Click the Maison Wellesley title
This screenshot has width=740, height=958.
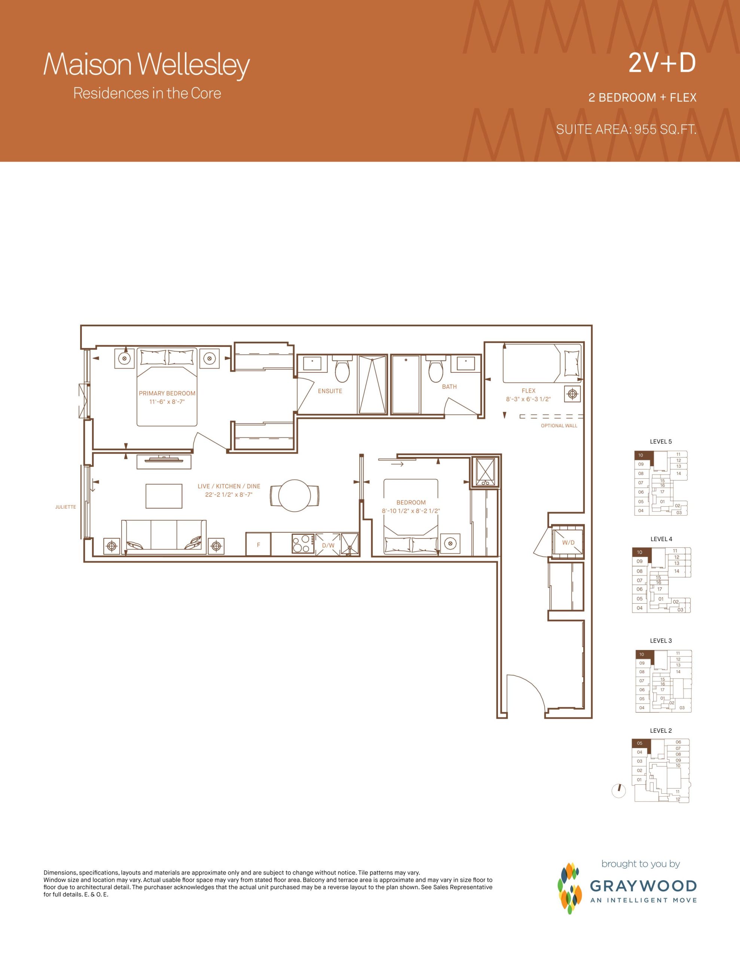147,65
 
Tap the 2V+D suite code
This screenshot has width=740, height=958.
662,63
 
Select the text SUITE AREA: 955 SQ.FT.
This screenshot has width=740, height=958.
626,129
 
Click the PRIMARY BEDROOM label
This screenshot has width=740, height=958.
167,393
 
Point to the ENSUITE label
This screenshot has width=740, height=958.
330,391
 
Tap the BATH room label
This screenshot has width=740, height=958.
449,387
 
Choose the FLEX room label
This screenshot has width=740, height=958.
529,390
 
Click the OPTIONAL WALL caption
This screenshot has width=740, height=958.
559,425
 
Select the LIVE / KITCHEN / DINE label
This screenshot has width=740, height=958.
229,486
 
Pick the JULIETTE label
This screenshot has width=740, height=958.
65,507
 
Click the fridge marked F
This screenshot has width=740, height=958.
259,544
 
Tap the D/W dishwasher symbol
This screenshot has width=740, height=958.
328,545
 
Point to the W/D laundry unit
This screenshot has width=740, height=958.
568,543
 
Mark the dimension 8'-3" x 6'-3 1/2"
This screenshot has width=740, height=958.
528,399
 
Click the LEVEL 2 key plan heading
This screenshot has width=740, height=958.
661,730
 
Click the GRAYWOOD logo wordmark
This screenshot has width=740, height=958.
643,886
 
